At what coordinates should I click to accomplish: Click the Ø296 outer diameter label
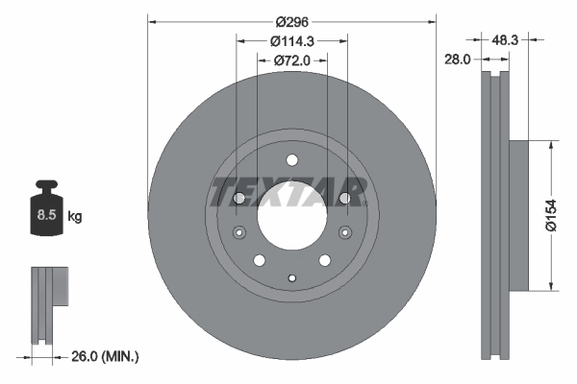pyautogui.click(x=291, y=20)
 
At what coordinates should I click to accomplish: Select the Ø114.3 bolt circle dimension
pyautogui.click(x=292, y=40)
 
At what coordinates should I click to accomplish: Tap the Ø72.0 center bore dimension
pyautogui.click(x=292, y=60)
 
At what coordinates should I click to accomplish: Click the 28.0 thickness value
pyautogui.click(x=456, y=59)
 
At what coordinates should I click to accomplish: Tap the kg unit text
pyautogui.click(x=75, y=217)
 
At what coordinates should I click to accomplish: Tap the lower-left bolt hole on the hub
pyautogui.click(x=259, y=259)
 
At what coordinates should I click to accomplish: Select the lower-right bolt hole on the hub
pyautogui.click(x=324, y=259)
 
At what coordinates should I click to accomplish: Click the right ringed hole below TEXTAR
pyautogui.click(x=343, y=230)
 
